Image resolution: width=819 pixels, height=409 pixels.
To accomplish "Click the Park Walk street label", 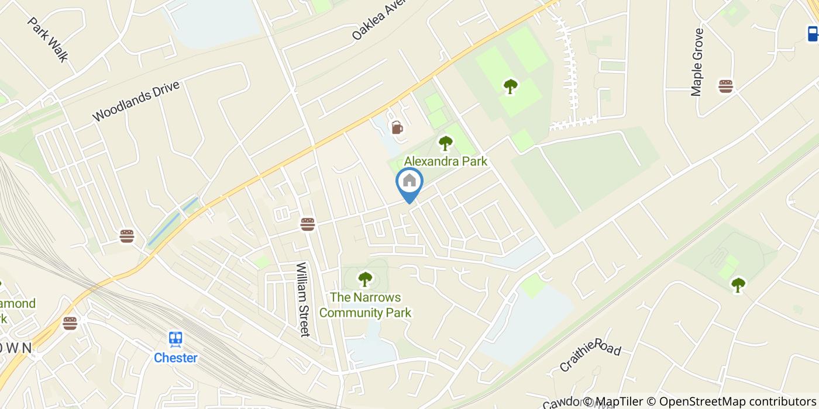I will (48, 39).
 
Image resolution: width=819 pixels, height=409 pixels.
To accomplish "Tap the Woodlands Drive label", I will (136, 101).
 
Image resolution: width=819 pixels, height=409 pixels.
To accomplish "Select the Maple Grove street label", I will (697, 62).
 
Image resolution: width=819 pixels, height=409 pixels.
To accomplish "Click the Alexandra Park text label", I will (446, 161).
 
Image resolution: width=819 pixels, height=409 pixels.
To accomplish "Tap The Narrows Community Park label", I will (365, 305).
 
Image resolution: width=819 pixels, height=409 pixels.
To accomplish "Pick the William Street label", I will (302, 299).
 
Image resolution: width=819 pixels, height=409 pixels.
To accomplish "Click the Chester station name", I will (175, 358).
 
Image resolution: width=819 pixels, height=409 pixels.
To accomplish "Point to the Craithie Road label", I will (590, 356).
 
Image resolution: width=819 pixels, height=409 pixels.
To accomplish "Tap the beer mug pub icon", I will (397, 127).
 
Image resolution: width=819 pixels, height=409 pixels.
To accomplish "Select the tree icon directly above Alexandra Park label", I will (446, 143).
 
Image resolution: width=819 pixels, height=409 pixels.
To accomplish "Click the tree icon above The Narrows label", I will (365, 279).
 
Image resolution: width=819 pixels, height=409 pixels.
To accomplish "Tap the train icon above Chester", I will (175, 339).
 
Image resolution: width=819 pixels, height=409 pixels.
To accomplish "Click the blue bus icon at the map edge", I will (813, 33).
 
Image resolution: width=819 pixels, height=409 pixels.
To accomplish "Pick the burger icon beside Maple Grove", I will (726, 86).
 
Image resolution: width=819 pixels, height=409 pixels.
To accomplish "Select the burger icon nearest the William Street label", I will (308, 224).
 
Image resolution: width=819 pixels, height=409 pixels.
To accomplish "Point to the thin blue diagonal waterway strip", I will (172, 221).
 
